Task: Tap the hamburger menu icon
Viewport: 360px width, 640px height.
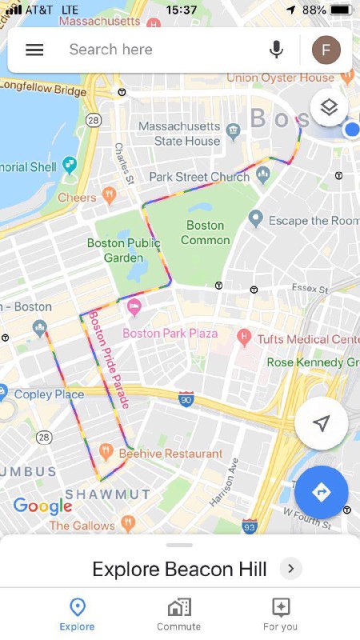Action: (34, 50)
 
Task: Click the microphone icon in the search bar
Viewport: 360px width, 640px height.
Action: (277, 50)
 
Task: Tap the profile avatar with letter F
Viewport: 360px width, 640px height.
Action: (326, 50)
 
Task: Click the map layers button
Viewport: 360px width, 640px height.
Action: (329, 107)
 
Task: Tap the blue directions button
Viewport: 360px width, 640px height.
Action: (321, 492)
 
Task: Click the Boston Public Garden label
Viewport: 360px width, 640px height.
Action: (123, 250)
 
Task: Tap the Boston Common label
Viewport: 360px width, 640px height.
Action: (205, 232)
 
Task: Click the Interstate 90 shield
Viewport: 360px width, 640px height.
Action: (186, 398)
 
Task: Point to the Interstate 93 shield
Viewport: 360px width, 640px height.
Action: (250, 526)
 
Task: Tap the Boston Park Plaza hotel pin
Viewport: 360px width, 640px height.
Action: (134, 306)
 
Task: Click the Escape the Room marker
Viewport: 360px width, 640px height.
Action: (255, 218)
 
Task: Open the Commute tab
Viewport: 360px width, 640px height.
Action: (179, 614)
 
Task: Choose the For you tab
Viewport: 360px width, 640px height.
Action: (280, 614)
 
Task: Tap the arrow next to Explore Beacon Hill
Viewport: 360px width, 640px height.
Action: (290, 569)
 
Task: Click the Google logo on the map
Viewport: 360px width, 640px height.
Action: (42, 506)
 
